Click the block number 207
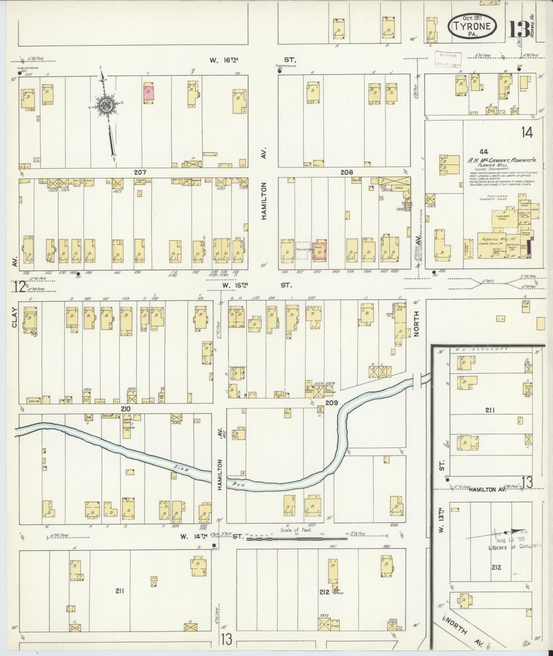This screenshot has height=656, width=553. click(141, 172)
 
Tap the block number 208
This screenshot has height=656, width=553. click(347, 172)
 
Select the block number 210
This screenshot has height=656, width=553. click(125, 409)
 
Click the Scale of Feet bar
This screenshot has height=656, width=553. click(297, 539)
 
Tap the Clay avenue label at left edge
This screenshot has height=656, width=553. click(14, 318)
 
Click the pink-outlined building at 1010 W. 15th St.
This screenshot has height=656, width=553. click(319, 252)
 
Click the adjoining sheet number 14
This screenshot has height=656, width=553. click(527, 132)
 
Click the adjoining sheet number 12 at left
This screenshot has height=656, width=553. click(20, 287)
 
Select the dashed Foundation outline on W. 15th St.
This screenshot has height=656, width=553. click(303, 250)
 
